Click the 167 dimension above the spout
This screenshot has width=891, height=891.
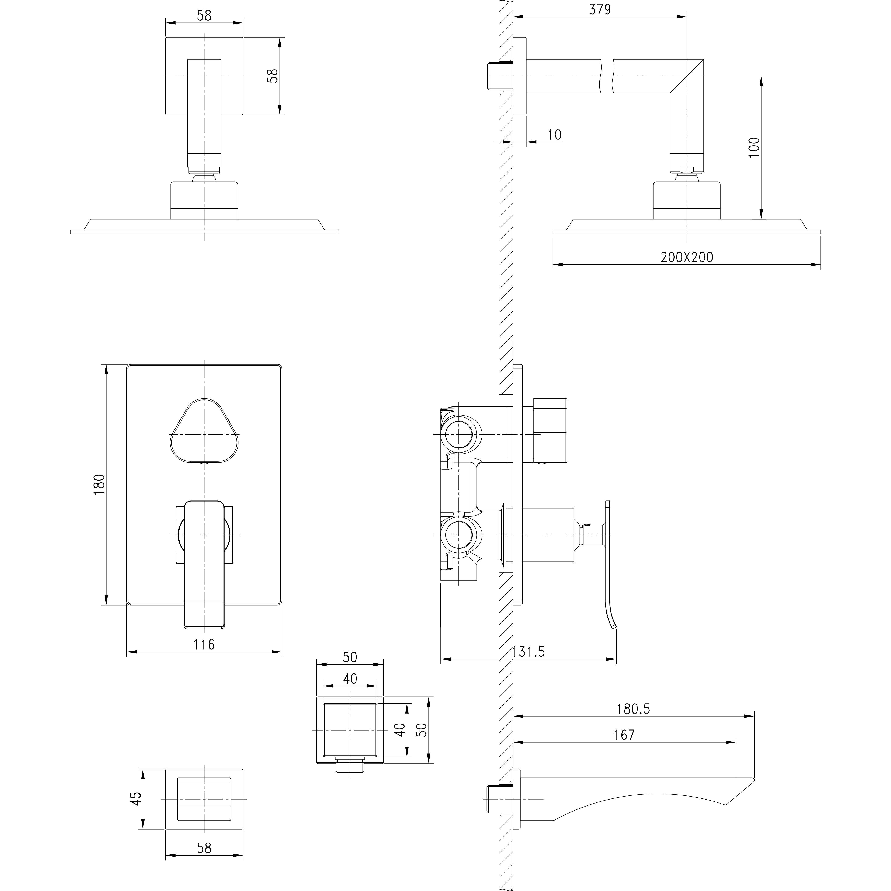(624, 735)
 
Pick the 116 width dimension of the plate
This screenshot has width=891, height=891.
(204, 644)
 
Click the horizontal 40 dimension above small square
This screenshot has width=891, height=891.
(350, 678)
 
